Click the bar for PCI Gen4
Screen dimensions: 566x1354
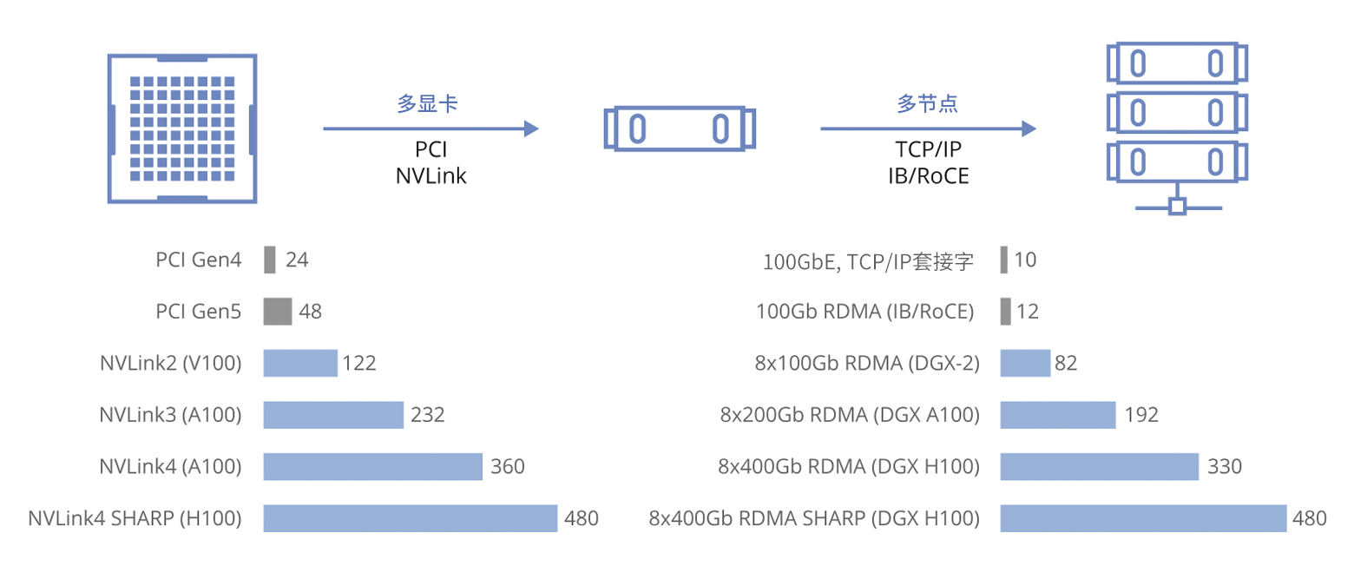pos(270,260)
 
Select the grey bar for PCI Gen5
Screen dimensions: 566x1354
pos(278,312)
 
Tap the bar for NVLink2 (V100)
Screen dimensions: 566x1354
pos(300,363)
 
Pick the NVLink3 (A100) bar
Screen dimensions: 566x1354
pos(333,415)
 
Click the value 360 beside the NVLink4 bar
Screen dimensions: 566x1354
pos(508,467)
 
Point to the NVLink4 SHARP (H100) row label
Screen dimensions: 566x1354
pos(135,519)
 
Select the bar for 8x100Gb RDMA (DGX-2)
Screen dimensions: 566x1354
pos(1025,363)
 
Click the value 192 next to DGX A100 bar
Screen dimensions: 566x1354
pos(1140,415)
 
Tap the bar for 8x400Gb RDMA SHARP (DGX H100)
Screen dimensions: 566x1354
pos(1143,519)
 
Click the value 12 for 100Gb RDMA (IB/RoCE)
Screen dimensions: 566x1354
pos(1028,312)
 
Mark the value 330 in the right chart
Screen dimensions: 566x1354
pos(1225,467)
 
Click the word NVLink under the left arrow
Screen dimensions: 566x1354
pos(431,176)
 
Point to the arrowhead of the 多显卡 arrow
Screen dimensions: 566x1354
pos(531,129)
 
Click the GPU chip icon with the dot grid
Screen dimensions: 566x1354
pos(182,128)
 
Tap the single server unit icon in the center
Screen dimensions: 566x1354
pos(679,128)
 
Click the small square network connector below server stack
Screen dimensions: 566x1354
pos(1177,207)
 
